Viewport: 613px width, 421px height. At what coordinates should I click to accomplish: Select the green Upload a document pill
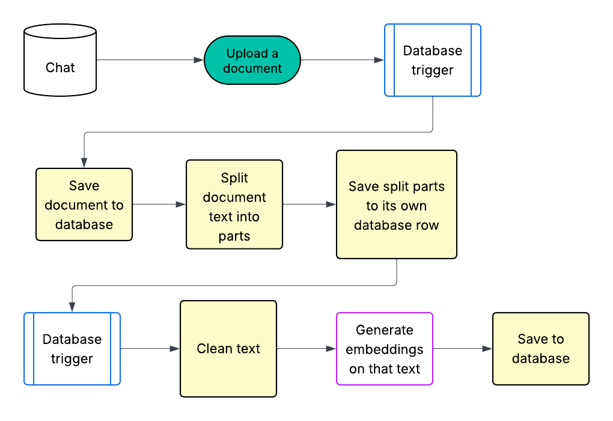pyautogui.click(x=252, y=60)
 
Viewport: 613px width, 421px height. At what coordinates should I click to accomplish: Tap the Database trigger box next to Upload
pyautogui.click(x=432, y=60)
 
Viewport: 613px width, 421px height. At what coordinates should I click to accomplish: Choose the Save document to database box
pyautogui.click(x=84, y=204)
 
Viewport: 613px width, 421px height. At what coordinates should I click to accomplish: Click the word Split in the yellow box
pyautogui.click(x=234, y=178)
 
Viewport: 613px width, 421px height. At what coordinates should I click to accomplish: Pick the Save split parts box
pyautogui.click(x=397, y=204)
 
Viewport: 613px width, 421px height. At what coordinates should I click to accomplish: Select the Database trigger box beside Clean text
pyautogui.click(x=72, y=349)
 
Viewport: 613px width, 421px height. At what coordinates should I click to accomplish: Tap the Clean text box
pyautogui.click(x=228, y=349)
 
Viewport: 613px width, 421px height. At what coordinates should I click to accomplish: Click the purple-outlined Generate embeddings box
pyautogui.click(x=385, y=349)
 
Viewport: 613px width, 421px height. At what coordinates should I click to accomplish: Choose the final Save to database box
pyautogui.click(x=540, y=349)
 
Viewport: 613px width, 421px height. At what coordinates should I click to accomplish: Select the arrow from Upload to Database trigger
pyautogui.click(x=343, y=60)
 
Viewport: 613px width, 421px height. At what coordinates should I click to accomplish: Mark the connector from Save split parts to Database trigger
pyautogui.click(x=240, y=286)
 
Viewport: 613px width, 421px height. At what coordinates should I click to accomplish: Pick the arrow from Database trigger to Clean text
pyautogui.click(x=150, y=349)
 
